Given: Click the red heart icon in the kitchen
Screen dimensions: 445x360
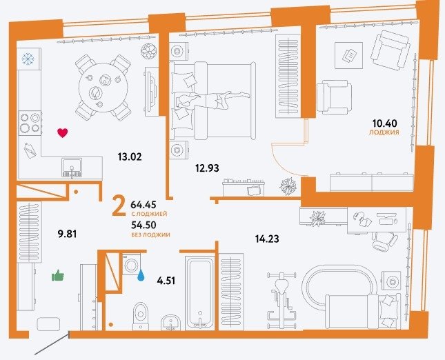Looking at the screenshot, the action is tap(62, 133).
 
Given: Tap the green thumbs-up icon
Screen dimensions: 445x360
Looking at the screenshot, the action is tap(58, 275).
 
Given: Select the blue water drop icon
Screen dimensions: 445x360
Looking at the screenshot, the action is tap(141, 275).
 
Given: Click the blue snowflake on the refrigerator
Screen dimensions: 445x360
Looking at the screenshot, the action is tap(28, 59).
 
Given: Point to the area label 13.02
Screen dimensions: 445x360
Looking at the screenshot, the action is tap(130, 157).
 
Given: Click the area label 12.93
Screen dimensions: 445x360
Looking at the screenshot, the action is tap(207, 168).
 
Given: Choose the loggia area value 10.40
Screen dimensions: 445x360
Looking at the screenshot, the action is tap(385, 123).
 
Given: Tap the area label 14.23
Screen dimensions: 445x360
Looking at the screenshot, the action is tap(267, 239).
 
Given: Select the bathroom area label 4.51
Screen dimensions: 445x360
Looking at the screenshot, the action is tap(166, 281).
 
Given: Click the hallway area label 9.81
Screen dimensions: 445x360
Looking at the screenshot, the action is tap(67, 234).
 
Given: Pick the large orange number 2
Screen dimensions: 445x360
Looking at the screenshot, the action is tap(119, 206).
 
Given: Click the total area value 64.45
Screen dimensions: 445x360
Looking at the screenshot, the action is tap(144, 204).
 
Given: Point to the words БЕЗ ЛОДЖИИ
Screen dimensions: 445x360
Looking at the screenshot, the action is tap(150, 234).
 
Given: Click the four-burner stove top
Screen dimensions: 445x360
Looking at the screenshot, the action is tap(30, 123).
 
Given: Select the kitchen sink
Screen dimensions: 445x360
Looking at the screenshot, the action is tap(72, 168).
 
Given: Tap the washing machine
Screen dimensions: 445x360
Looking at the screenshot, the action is tap(132, 265).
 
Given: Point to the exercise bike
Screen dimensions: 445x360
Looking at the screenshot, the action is tap(281, 300).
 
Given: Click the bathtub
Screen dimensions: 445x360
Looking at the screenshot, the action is tap(200, 293).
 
